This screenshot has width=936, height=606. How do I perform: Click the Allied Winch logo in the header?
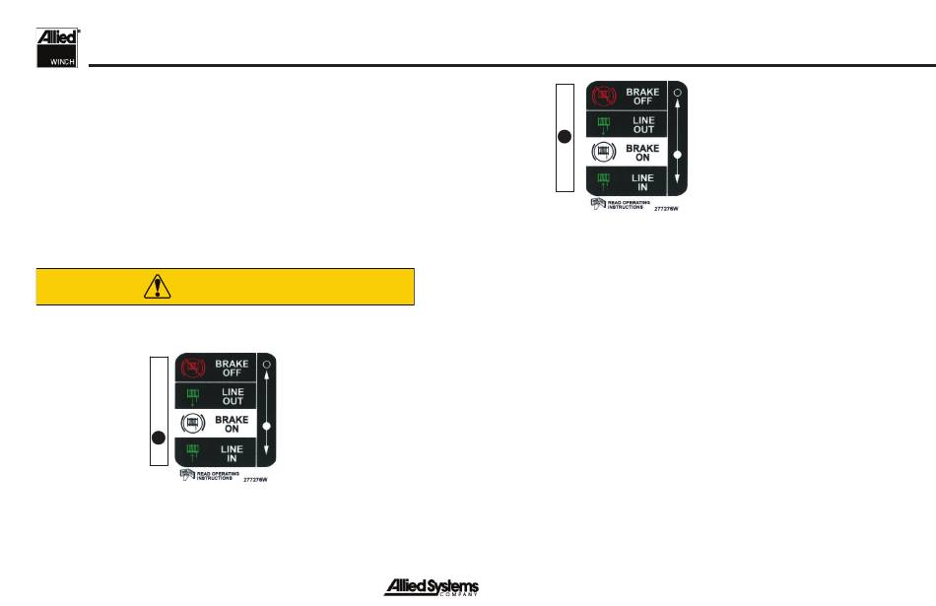(x=57, y=48)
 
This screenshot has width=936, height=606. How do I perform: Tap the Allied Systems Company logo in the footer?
(x=431, y=587)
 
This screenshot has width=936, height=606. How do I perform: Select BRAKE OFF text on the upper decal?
(x=642, y=96)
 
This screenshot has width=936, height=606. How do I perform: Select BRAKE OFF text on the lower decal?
(x=233, y=369)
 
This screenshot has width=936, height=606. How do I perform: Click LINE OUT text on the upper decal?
(x=642, y=125)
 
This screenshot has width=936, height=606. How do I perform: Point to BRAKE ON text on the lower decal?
(x=233, y=424)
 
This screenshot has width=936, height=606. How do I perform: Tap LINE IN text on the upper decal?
(x=642, y=181)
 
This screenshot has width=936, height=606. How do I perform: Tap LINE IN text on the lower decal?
(x=233, y=452)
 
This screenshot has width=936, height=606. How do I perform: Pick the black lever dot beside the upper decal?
(x=565, y=138)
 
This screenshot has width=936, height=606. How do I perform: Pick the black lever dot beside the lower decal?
(x=157, y=437)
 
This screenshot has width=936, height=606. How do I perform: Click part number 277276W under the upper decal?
(x=668, y=209)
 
